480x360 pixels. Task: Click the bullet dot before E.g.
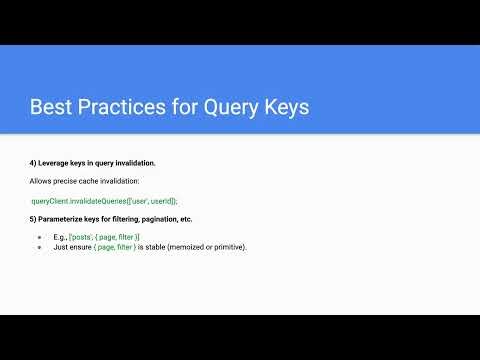click(x=39, y=237)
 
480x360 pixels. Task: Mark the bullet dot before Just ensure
click(x=39, y=246)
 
